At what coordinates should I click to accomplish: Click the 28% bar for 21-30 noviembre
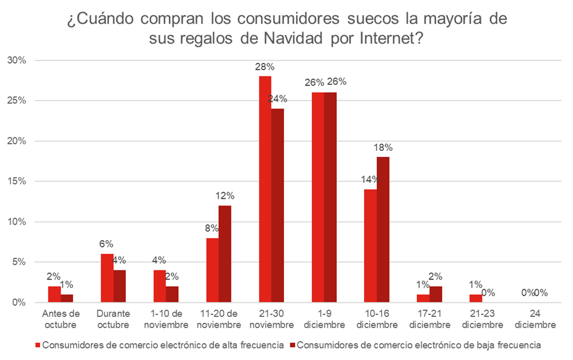pos(265,189)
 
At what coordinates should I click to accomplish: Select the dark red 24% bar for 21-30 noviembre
pos(277,205)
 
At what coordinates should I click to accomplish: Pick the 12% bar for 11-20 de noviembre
pos(225,253)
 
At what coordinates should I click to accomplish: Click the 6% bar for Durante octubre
pos(107,278)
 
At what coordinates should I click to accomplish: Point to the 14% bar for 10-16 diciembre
pos(369,245)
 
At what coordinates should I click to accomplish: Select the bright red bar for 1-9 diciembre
pos(317,197)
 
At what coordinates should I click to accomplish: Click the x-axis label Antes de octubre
pos(61,319)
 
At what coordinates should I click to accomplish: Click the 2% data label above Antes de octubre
pos(53,277)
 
